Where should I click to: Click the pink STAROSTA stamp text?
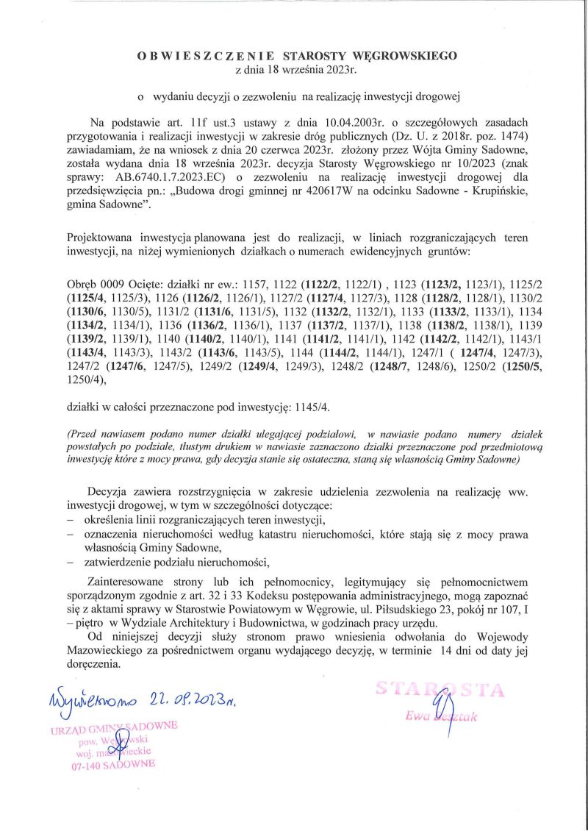[x=440, y=691]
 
